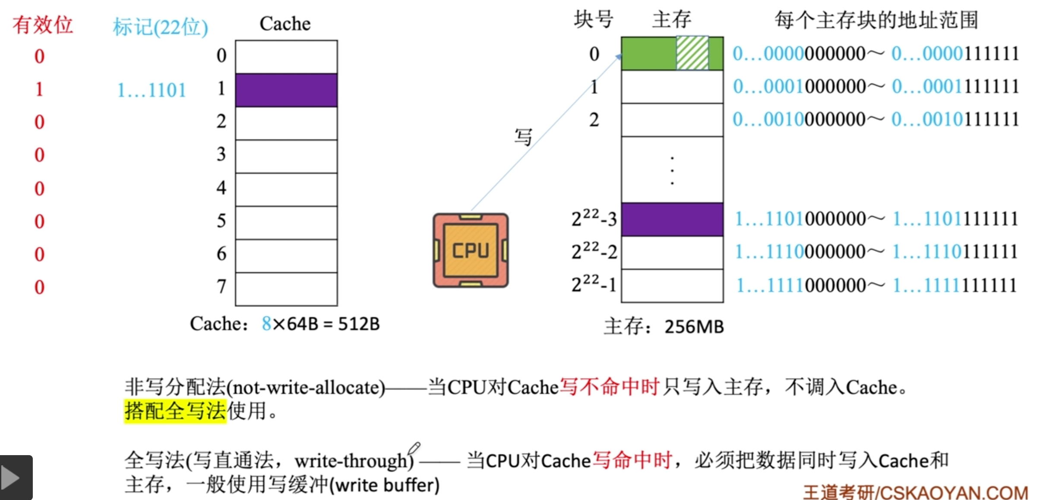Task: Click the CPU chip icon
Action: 471,250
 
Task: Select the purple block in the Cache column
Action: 286,90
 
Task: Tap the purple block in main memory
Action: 672,219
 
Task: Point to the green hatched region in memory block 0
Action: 692,53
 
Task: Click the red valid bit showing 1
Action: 39,89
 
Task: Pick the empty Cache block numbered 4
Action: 286,189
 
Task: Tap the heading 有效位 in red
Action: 42,25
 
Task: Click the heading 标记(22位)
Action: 160,27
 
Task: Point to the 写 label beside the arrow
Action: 523,137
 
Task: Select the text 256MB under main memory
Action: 694,327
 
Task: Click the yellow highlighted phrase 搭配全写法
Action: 175,411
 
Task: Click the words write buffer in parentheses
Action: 384,485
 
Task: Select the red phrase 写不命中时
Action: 610,387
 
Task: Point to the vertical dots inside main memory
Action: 672,170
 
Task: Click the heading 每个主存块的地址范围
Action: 876,20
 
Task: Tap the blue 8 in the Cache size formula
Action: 266,324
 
